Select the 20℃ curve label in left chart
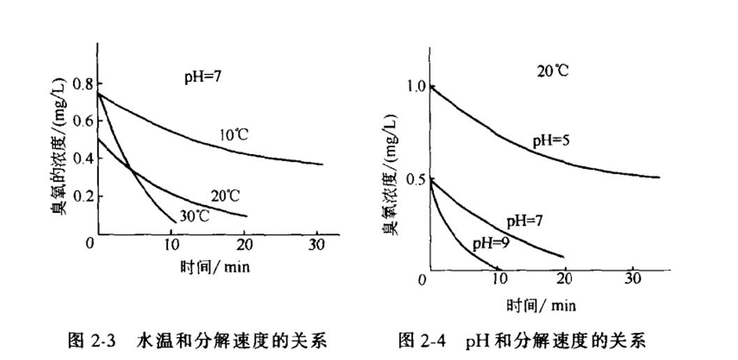[225, 196]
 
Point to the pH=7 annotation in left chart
[203, 76]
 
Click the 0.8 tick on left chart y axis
[82, 84]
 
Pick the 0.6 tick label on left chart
[82, 121]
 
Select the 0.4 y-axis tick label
[82, 158]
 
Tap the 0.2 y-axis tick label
[82, 195]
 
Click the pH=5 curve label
[552, 140]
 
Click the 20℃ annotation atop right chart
[552, 70]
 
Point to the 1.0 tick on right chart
[416, 87]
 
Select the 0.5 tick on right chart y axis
[416, 179]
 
